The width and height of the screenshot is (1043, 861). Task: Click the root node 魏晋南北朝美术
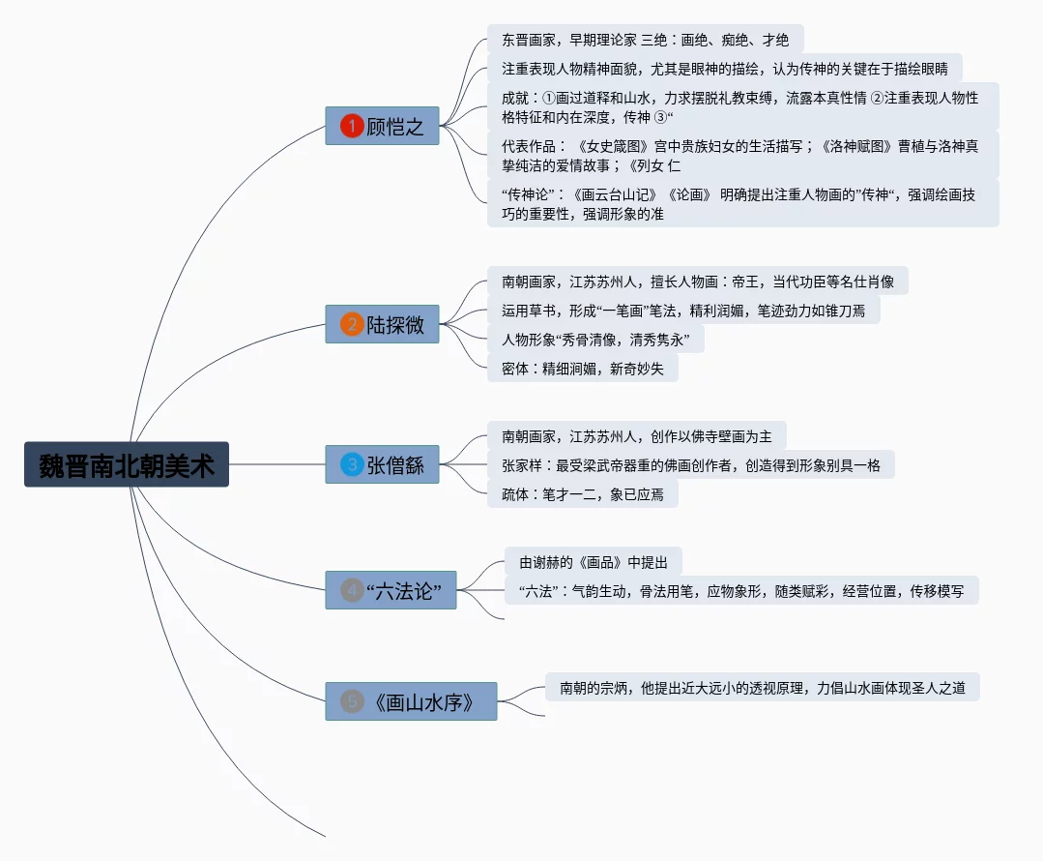(127, 464)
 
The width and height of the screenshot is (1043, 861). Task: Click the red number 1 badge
(352, 126)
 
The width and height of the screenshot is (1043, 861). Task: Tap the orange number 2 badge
(352, 325)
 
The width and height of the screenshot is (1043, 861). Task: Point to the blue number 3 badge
(352, 465)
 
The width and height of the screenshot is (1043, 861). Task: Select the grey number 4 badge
(352, 589)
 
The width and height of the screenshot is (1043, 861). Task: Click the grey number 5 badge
(352, 701)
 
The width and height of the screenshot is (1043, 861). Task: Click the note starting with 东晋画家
(645, 40)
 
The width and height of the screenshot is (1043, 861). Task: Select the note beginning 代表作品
(741, 155)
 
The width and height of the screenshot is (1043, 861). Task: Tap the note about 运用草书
(682, 311)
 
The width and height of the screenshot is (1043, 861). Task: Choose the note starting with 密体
(582, 369)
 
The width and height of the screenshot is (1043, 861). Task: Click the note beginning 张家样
(690, 464)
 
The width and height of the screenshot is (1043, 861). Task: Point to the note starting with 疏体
(582, 494)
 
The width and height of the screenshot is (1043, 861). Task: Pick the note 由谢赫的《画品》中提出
(593, 562)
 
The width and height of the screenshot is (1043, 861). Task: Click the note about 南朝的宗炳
(762, 688)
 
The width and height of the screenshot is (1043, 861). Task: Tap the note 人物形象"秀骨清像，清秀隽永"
(595, 340)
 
